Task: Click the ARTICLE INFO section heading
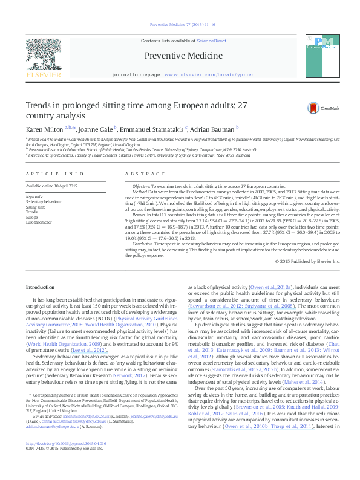click(47, 174)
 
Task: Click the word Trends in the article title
click(39, 105)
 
